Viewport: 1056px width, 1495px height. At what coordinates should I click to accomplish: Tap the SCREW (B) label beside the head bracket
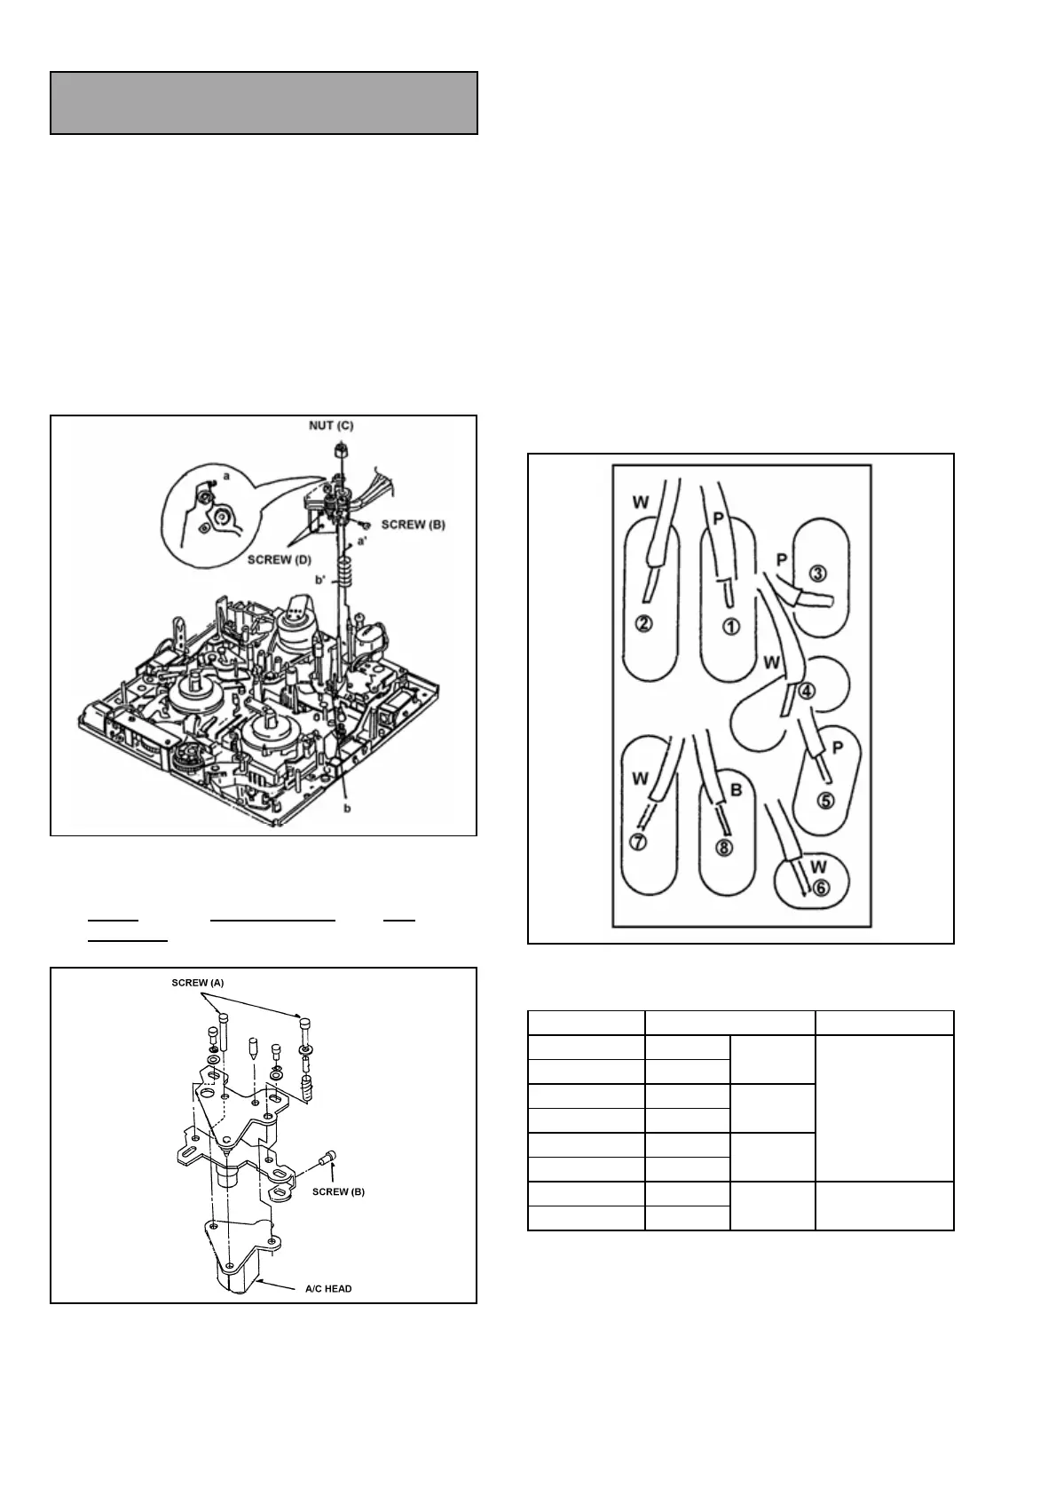click(338, 1191)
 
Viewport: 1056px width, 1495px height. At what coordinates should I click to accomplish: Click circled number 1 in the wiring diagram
click(730, 626)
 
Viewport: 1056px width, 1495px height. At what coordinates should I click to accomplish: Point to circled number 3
click(817, 572)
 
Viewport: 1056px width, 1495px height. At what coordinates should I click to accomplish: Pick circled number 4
click(806, 691)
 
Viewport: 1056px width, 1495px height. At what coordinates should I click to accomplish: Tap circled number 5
click(825, 800)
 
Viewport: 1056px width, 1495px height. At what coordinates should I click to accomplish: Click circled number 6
click(821, 886)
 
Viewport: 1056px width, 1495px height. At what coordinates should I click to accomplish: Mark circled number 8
click(724, 847)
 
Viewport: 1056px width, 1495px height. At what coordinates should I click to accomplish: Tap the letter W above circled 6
click(818, 866)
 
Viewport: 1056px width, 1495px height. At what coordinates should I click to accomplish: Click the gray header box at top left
click(264, 103)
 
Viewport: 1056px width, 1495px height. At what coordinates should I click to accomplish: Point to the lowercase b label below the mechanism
click(346, 809)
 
